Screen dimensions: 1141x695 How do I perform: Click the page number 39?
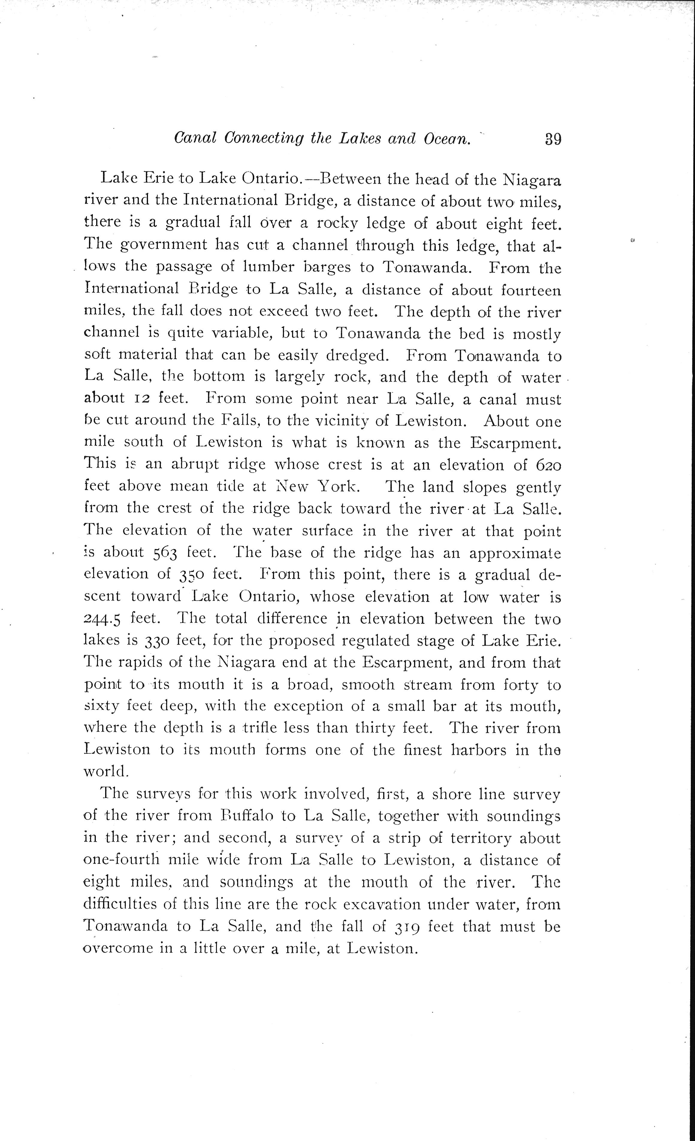553,139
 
